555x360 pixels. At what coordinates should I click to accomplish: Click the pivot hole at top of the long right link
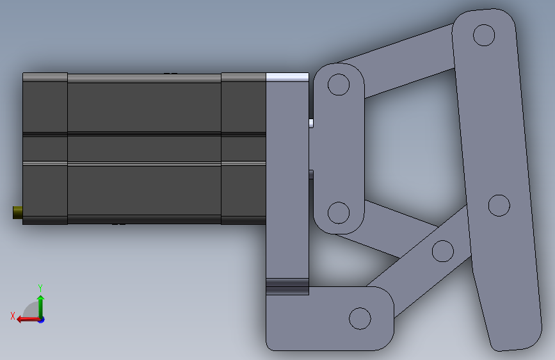pos(485,34)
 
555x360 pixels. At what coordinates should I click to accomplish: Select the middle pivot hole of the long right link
pos(498,206)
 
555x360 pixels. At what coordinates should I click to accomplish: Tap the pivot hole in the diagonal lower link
pos(442,250)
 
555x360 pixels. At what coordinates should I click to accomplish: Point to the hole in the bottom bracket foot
pos(360,318)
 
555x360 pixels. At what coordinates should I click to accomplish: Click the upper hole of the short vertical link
pos(338,85)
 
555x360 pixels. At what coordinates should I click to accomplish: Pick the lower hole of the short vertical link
pos(338,212)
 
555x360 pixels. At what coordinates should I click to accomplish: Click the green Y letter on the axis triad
pos(40,288)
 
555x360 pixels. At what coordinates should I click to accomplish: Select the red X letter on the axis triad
pos(13,316)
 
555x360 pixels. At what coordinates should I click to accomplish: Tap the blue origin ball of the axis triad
pos(41,319)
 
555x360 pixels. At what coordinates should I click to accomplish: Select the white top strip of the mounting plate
pos(287,77)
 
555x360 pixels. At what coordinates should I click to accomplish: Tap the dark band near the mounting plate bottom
pos(287,286)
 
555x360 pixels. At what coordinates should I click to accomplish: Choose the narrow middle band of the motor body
pos(144,148)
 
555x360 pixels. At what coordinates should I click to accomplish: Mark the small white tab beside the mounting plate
pos(312,123)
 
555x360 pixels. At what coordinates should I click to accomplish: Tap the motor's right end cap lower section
pos(243,192)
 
